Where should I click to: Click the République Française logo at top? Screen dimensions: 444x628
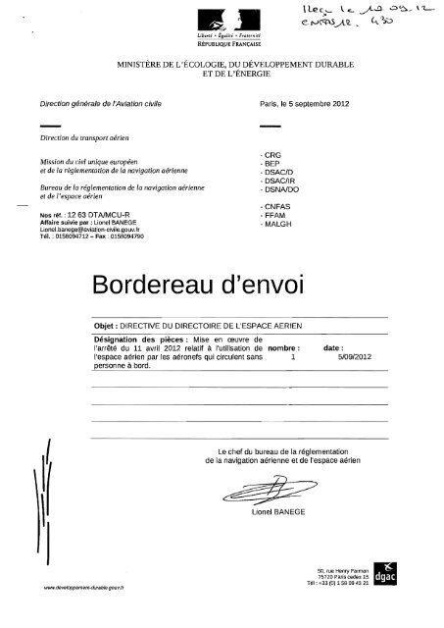pyautogui.click(x=222, y=25)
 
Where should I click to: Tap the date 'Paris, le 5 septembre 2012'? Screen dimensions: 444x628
pyautogui.click(x=305, y=103)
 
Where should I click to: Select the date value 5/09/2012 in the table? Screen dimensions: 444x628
pyautogui.click(x=339, y=358)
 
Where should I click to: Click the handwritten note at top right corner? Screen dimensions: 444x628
pyautogui.click(x=376, y=16)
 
